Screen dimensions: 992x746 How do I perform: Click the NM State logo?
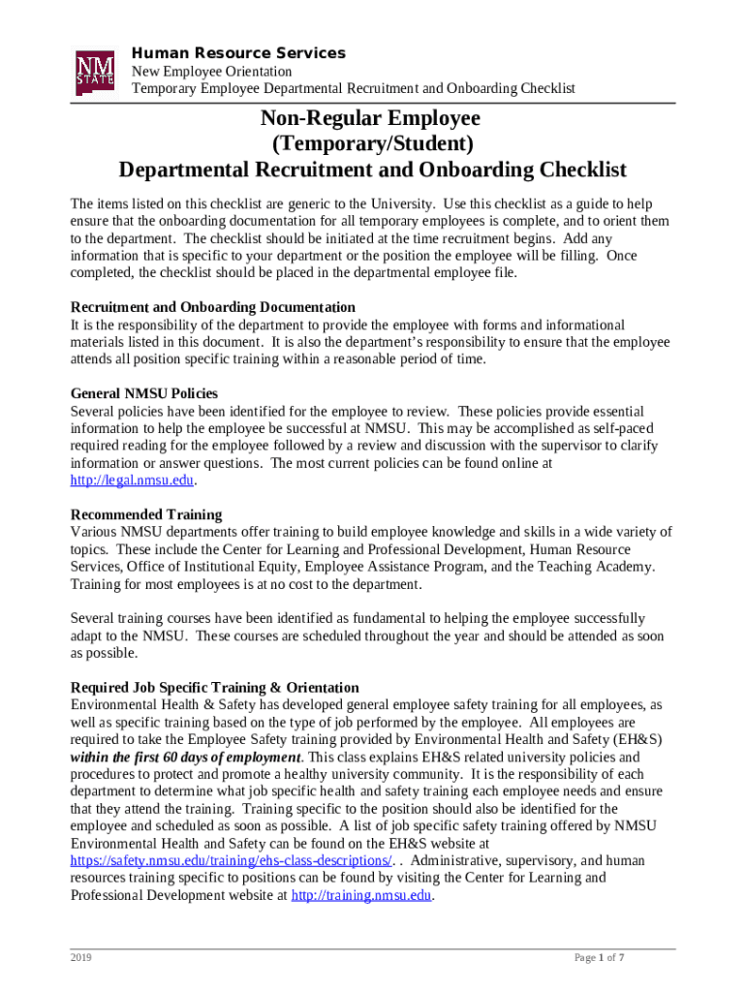coord(95,73)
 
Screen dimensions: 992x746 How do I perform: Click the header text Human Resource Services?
coord(237,53)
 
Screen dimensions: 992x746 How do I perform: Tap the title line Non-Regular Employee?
coord(372,118)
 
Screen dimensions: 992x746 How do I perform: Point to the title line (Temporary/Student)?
coord(372,144)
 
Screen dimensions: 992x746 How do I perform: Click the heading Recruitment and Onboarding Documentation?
coord(213,307)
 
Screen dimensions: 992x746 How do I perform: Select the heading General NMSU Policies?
coord(144,393)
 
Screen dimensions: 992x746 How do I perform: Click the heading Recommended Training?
coord(146,514)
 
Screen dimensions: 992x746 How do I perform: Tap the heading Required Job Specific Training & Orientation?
coord(215,688)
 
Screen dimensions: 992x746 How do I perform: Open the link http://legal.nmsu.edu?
coord(134,480)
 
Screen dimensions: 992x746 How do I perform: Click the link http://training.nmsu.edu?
coord(361,895)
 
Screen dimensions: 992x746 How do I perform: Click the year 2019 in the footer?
coord(81,958)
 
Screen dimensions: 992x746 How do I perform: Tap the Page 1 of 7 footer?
coord(599,958)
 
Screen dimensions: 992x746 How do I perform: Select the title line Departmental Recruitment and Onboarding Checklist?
coord(372,170)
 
